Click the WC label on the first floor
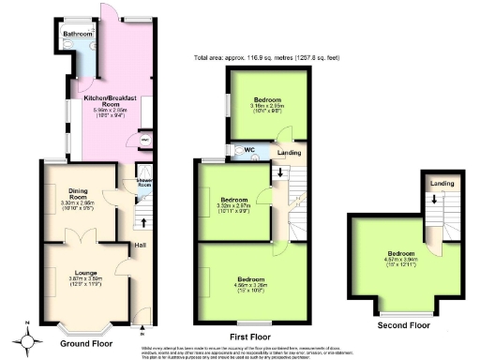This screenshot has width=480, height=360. [249, 150]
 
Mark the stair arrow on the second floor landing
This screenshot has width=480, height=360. [434, 200]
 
